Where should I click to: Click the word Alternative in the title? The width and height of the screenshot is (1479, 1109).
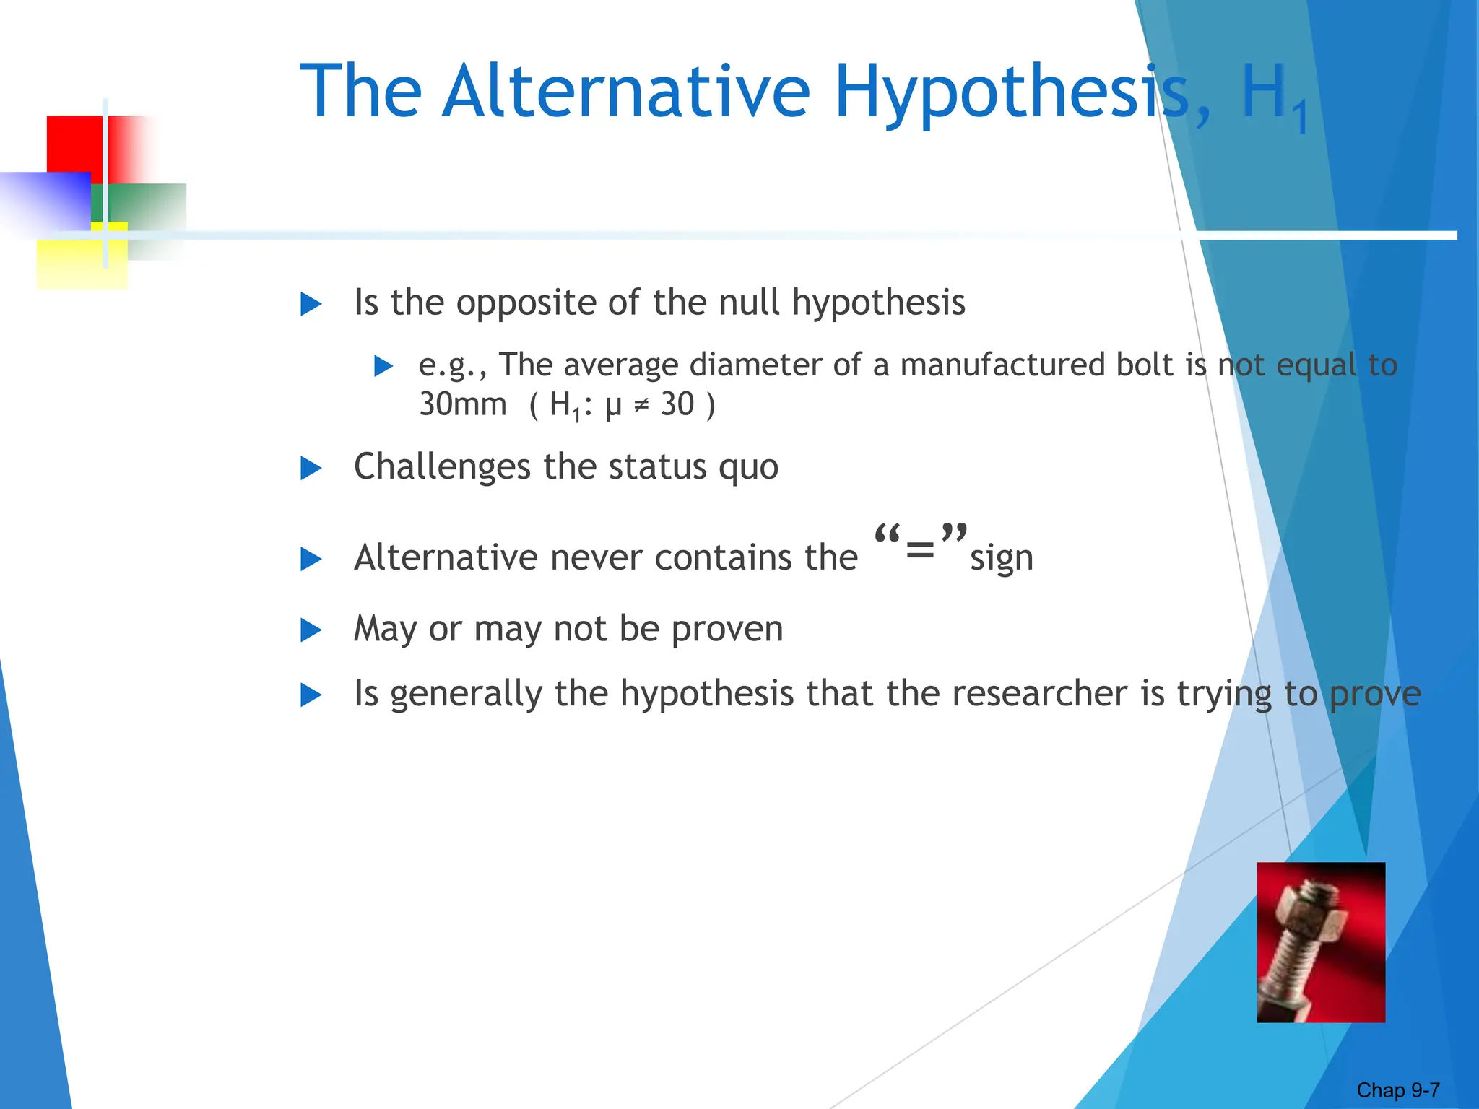click(626, 92)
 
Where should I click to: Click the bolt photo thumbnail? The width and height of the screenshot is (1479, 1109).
click(1321, 941)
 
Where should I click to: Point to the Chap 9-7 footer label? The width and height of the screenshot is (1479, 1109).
click(1398, 1090)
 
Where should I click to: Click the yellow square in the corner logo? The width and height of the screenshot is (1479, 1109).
click(81, 264)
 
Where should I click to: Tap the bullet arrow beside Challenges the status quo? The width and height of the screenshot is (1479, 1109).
click(311, 469)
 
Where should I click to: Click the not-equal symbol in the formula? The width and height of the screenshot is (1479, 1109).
click(641, 406)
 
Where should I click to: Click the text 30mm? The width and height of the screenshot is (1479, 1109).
click(463, 404)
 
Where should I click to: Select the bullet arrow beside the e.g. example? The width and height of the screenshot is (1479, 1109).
click(383, 366)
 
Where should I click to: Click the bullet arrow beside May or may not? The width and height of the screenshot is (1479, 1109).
click(311, 630)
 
